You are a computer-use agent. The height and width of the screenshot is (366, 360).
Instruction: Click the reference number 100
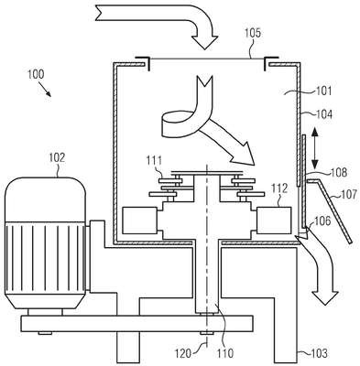point(36,74)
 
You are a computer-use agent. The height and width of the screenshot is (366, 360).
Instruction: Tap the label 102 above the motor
point(57,157)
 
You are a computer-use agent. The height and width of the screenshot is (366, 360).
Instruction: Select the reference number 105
point(253,33)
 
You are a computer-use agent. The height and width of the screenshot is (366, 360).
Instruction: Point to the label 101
point(323,91)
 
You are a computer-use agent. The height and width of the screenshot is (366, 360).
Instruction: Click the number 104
point(323,114)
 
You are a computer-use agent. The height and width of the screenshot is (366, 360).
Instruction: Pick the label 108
point(339,172)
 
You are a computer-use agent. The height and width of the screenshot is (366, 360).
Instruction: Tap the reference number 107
point(348,194)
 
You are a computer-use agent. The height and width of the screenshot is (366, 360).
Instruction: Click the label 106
point(322,221)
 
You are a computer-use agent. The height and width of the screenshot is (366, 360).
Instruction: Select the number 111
point(154,160)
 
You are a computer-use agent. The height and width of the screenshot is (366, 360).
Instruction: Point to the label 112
point(279,188)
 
